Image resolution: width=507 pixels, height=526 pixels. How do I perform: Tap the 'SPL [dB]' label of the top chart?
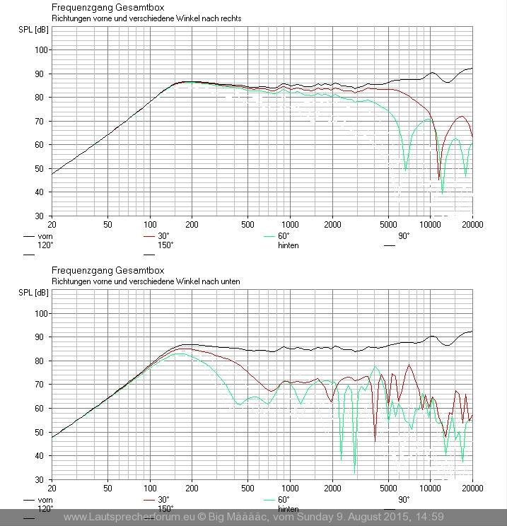point(33,30)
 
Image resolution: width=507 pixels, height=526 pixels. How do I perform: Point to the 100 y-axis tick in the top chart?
point(40,50)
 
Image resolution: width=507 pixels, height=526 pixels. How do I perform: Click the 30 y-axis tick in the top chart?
point(42,216)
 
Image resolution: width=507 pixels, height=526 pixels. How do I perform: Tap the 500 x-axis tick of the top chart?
point(247,225)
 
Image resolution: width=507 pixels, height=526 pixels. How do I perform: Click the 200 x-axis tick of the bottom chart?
point(191,489)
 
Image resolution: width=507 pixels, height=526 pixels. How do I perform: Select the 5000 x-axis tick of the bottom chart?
point(388,489)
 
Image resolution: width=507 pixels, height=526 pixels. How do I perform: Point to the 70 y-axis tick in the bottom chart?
point(42,385)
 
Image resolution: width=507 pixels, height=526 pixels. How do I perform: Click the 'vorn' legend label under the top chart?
point(45,236)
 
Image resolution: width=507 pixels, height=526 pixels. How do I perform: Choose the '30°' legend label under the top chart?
point(163,236)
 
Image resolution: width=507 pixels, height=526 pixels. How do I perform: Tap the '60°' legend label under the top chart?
point(284,236)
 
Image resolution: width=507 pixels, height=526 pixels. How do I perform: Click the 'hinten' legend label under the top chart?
point(288,245)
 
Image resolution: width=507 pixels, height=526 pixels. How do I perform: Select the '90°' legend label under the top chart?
point(403,236)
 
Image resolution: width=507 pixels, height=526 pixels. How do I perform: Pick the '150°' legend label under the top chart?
point(165,245)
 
